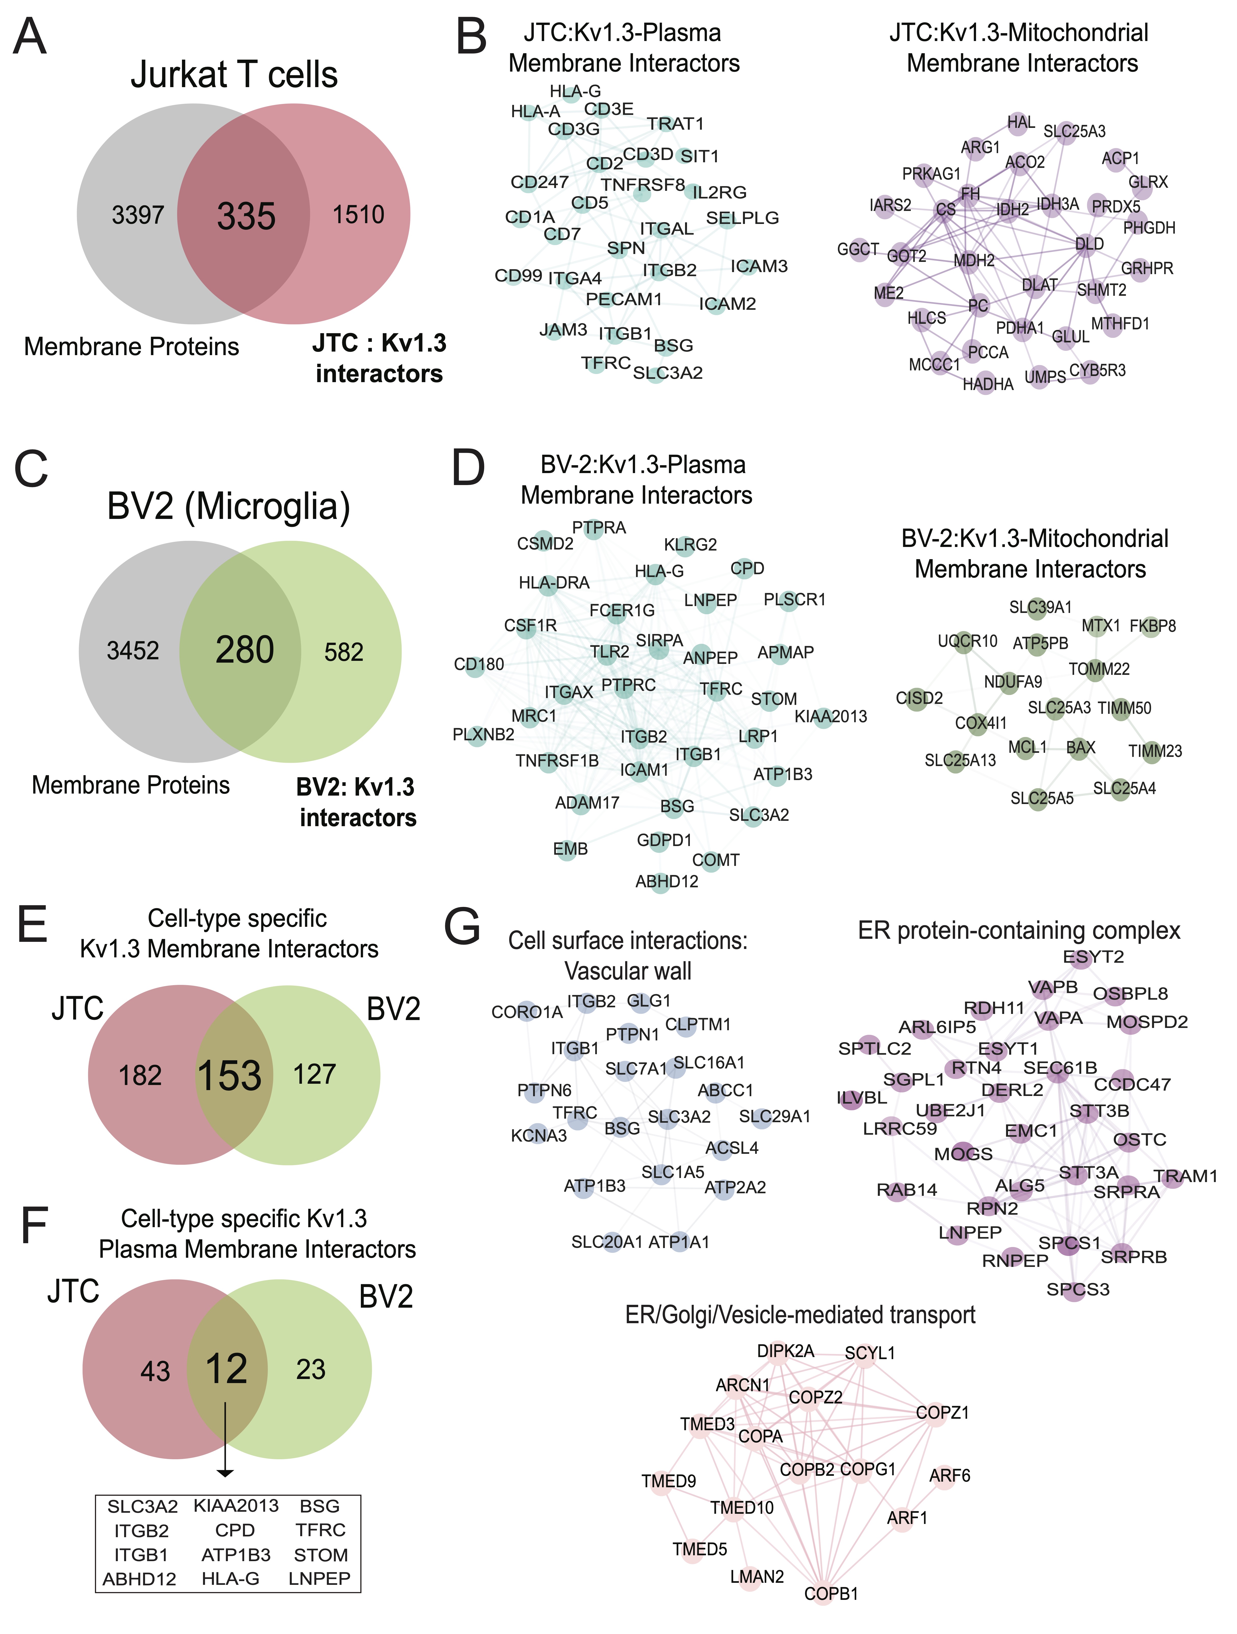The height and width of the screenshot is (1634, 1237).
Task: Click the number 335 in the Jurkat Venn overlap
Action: pos(246,217)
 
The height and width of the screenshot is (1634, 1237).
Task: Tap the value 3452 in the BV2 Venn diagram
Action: pos(133,651)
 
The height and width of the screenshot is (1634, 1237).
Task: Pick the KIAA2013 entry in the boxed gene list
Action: pos(236,1505)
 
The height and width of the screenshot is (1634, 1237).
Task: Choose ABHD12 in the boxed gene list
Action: pos(140,1579)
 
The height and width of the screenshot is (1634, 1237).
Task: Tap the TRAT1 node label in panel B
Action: pos(675,123)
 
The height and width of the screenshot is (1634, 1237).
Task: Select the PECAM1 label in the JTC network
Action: pos(624,299)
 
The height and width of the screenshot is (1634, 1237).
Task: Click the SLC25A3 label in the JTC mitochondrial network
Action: pos(1074,131)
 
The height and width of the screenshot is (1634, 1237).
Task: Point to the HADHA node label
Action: pos(988,384)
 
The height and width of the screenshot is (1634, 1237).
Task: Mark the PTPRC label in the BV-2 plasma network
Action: pos(628,686)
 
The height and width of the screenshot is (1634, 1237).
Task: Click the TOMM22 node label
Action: pos(1099,669)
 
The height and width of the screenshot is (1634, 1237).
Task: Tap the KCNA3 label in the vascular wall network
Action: pos(539,1135)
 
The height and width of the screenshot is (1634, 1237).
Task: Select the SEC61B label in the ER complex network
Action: pos(1060,1068)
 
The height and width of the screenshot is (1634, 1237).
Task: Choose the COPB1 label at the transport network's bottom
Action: pos(831,1593)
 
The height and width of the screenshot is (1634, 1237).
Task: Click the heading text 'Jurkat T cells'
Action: pos(234,75)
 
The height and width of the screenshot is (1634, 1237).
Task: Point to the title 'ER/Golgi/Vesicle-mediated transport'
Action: pos(800,1315)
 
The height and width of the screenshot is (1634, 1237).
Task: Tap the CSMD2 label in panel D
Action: pos(545,544)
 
